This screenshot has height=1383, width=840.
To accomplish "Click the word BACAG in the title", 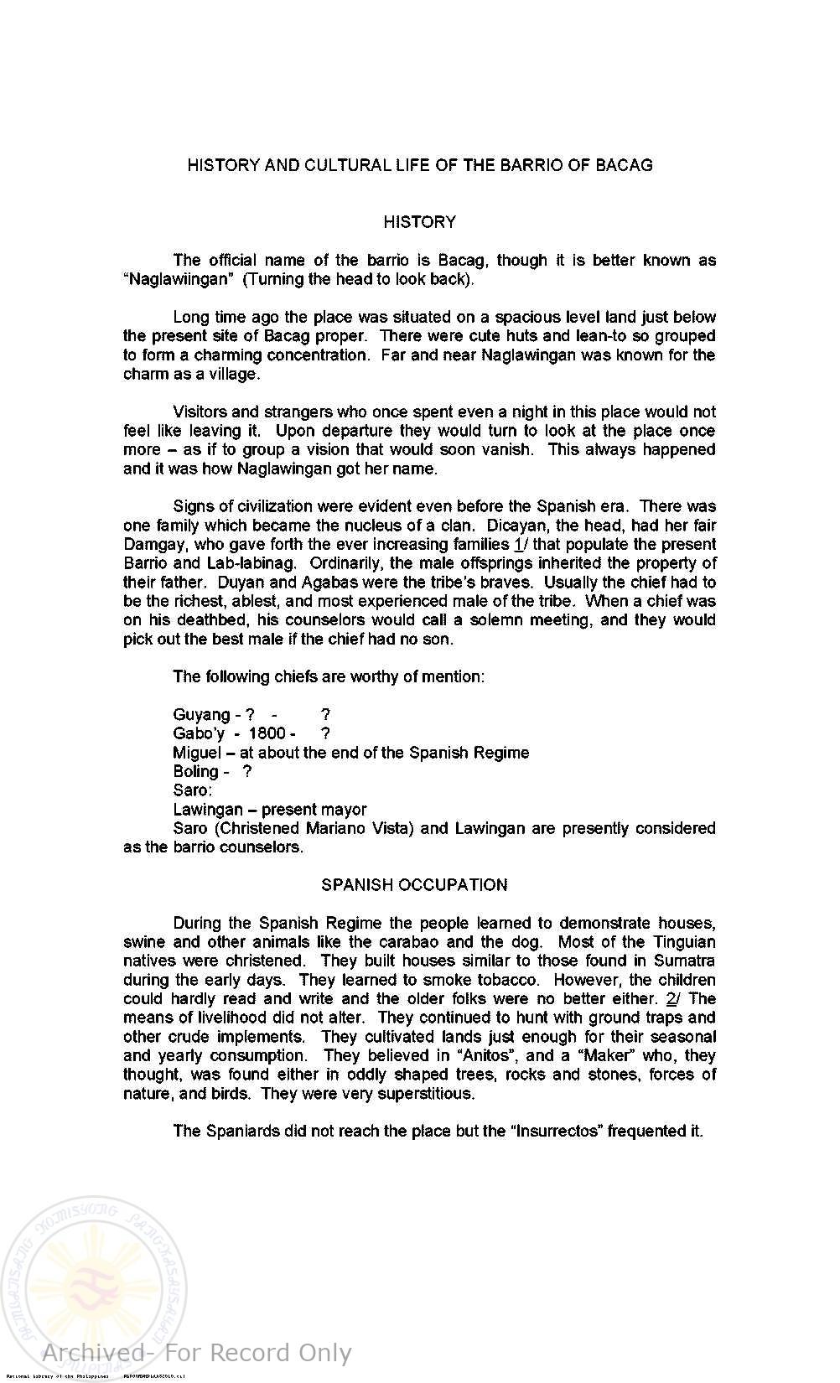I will (x=624, y=165).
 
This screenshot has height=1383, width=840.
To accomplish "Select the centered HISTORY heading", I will (x=419, y=222).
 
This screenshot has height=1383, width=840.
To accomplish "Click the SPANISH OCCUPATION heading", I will (x=414, y=885).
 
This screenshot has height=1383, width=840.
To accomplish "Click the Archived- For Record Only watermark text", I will (x=196, y=1353).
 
